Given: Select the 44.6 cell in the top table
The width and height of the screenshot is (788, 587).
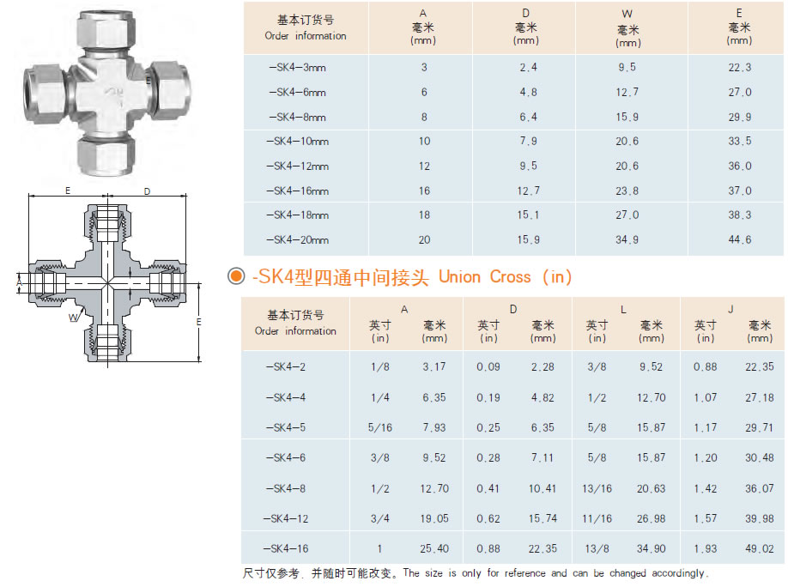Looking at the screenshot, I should [739, 240].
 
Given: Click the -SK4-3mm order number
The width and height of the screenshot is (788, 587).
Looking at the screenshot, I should [297, 68].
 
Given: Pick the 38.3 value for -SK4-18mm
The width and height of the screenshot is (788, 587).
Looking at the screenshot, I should [739, 215].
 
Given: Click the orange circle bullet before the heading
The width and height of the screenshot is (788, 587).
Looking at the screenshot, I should [234, 276].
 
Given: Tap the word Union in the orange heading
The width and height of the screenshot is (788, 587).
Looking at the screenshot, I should [461, 276].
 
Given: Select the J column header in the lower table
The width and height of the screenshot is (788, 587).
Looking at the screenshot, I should [731, 308].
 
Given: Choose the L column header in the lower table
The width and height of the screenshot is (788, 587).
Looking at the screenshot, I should [623, 308].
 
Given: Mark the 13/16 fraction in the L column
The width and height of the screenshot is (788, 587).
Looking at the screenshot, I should [597, 489].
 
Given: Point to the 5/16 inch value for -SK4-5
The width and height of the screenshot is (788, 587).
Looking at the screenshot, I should [380, 428].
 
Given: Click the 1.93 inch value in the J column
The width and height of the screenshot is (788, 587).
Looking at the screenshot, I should [706, 548].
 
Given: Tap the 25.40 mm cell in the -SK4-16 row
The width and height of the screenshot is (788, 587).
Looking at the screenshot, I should [434, 548].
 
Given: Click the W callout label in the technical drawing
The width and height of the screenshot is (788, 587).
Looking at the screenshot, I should [72, 318].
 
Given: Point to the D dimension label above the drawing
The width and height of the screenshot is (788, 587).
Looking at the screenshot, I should [147, 191].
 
